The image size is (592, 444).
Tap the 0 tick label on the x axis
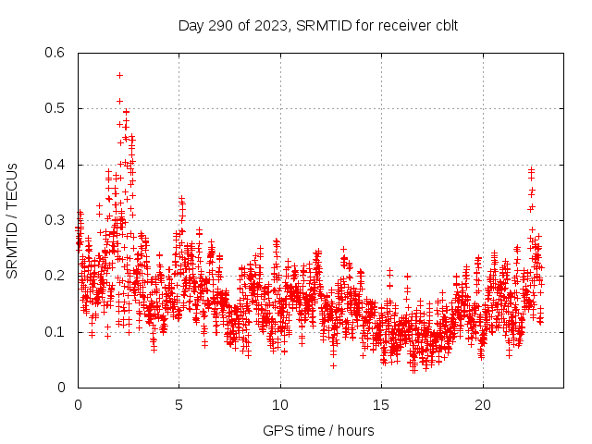pyautogui.click(x=78, y=404)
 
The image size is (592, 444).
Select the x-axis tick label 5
pyautogui.click(x=179, y=404)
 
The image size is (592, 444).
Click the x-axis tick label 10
pyautogui.click(x=280, y=404)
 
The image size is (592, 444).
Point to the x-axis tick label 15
pyautogui.click(x=381, y=404)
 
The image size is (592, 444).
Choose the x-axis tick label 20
pyautogui.click(x=483, y=404)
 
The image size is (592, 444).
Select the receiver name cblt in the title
pyautogui.click(x=444, y=25)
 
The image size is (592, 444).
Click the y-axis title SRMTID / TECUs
pyautogui.click(x=13, y=220)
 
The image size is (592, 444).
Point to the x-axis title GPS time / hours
pyautogui.click(x=317, y=430)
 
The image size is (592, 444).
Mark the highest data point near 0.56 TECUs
pyautogui.click(x=119, y=75)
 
